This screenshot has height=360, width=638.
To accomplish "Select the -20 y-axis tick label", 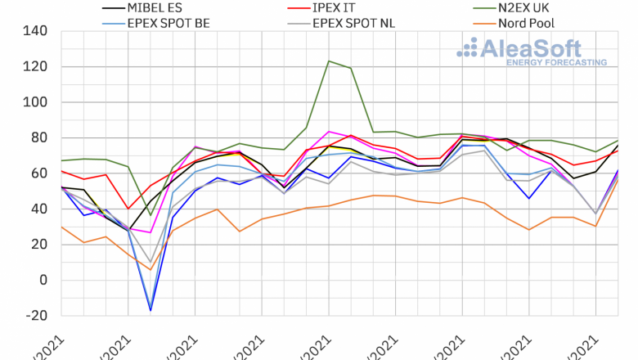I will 38,316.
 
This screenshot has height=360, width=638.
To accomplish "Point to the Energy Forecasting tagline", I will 556,62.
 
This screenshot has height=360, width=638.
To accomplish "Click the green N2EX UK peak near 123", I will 329,61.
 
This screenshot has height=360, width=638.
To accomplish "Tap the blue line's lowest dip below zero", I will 151,310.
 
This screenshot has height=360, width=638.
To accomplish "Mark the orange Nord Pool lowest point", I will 151,269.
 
